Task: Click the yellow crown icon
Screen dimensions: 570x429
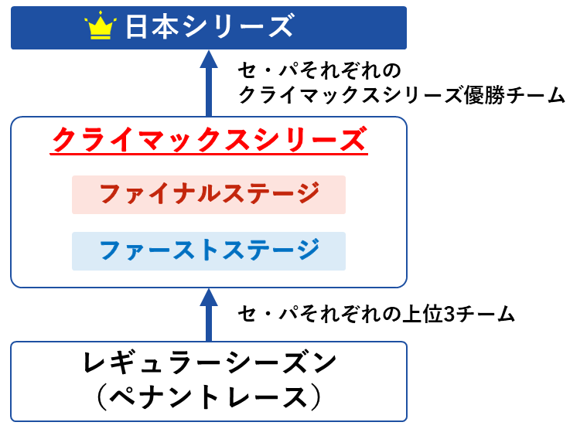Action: (x=101, y=25)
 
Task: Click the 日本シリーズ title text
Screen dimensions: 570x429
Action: (x=210, y=26)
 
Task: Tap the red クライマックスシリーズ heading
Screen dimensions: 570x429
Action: (x=209, y=139)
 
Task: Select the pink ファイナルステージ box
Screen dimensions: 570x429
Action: (x=209, y=195)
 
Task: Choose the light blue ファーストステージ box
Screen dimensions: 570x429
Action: (x=209, y=251)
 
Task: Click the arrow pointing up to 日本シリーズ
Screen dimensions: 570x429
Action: (x=209, y=83)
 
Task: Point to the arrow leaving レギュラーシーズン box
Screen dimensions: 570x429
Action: (x=209, y=315)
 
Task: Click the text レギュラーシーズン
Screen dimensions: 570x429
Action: (x=210, y=363)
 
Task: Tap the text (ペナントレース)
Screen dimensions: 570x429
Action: (x=209, y=397)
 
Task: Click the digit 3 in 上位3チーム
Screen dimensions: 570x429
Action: (x=449, y=314)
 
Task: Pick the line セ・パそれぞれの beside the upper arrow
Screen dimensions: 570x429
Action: (x=319, y=71)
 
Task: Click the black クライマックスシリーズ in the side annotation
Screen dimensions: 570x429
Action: (x=351, y=96)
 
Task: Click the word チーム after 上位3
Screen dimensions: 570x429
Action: (x=485, y=314)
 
